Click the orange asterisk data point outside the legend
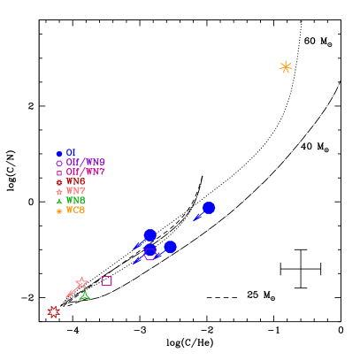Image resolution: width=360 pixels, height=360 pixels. point(286,67)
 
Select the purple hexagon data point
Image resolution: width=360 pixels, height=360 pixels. point(150,254)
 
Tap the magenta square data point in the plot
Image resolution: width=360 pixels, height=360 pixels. point(107,280)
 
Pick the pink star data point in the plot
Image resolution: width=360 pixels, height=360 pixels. point(81,283)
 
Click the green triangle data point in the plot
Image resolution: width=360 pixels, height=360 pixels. point(85,295)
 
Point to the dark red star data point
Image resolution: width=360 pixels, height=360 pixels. point(54,311)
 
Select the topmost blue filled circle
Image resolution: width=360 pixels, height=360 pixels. point(209,208)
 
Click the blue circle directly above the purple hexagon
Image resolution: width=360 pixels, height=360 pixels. point(150,235)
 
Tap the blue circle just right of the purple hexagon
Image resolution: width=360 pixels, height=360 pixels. point(170,247)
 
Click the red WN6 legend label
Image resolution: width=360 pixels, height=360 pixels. point(75,181)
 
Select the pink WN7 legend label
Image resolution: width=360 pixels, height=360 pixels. point(75,191)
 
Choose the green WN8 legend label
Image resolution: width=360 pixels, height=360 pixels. point(75,201)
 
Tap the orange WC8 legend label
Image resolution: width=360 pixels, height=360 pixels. point(75,211)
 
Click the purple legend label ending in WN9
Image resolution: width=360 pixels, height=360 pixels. point(85,163)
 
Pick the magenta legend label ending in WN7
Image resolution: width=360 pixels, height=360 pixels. point(85,172)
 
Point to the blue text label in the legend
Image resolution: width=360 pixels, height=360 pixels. point(71,153)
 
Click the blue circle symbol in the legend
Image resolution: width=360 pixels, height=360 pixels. point(59,154)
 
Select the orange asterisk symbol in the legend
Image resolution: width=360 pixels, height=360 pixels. point(59,211)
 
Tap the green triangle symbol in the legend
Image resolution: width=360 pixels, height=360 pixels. point(59,201)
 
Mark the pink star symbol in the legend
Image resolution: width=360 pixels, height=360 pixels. point(59,191)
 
